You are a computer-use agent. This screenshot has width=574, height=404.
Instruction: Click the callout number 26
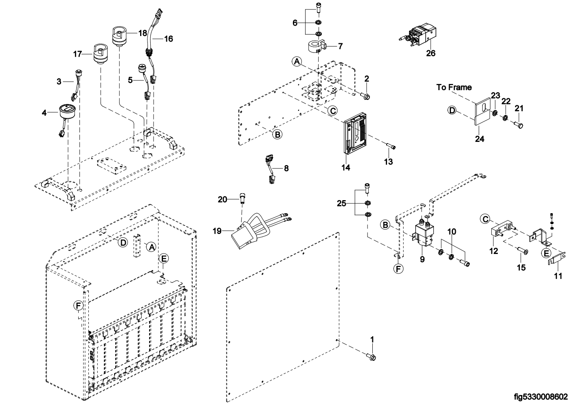(431, 53)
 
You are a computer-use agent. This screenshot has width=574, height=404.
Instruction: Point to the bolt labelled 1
(371, 356)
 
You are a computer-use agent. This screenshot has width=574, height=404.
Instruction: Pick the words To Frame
(454, 87)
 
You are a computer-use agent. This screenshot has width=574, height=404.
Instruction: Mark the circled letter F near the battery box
(78, 305)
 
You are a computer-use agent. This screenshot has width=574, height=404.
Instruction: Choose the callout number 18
(143, 33)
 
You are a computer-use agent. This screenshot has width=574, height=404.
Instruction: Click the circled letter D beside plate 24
(452, 110)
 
